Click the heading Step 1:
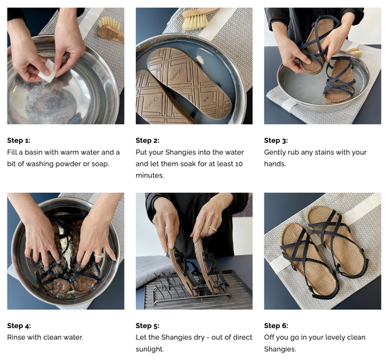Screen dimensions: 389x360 tap(19, 141)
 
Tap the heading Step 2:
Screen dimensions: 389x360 tap(148, 141)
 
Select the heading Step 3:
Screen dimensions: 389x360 tap(276, 141)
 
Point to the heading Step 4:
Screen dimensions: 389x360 tap(19, 325)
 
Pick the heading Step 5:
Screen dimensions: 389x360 tap(148, 325)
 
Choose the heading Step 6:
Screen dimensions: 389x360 tap(276, 325)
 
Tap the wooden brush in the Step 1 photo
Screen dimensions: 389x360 tap(110, 31)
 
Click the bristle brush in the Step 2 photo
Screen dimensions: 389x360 tap(200, 18)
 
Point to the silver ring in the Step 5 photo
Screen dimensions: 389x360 tap(213, 229)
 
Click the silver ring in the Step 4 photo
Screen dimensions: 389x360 tap(99, 255)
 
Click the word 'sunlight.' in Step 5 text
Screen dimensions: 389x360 tap(150, 349)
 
